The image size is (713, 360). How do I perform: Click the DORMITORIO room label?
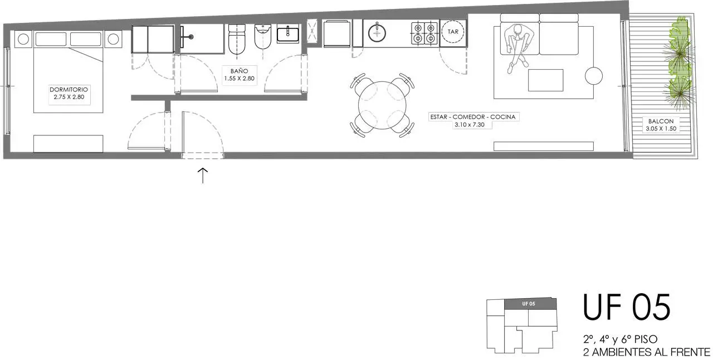[x=69, y=90]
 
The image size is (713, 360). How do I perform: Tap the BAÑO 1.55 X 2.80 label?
[x=239, y=75]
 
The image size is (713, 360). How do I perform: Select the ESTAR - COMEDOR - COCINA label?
[x=473, y=117]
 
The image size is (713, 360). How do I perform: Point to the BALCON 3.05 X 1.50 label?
[x=661, y=125]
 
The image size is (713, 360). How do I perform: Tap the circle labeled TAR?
[x=453, y=32]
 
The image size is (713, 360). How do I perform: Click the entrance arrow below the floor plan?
[x=203, y=176]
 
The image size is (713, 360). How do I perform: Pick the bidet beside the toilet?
[x=263, y=37]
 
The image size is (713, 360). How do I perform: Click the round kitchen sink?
[x=377, y=32]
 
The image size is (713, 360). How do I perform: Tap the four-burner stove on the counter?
[x=424, y=33]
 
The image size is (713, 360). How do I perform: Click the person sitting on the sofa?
[x=517, y=47]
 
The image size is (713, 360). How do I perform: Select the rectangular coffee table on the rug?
[x=545, y=80]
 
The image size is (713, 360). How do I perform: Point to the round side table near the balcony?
[x=594, y=76]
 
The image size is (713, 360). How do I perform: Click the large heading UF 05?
[x=627, y=307]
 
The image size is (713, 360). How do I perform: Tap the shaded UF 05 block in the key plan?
[x=530, y=304]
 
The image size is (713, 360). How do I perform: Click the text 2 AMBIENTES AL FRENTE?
[x=647, y=352]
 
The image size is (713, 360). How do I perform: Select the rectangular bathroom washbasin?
[x=288, y=35]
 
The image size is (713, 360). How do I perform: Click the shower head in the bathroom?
[x=191, y=37]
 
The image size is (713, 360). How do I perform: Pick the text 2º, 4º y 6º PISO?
[x=621, y=339]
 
